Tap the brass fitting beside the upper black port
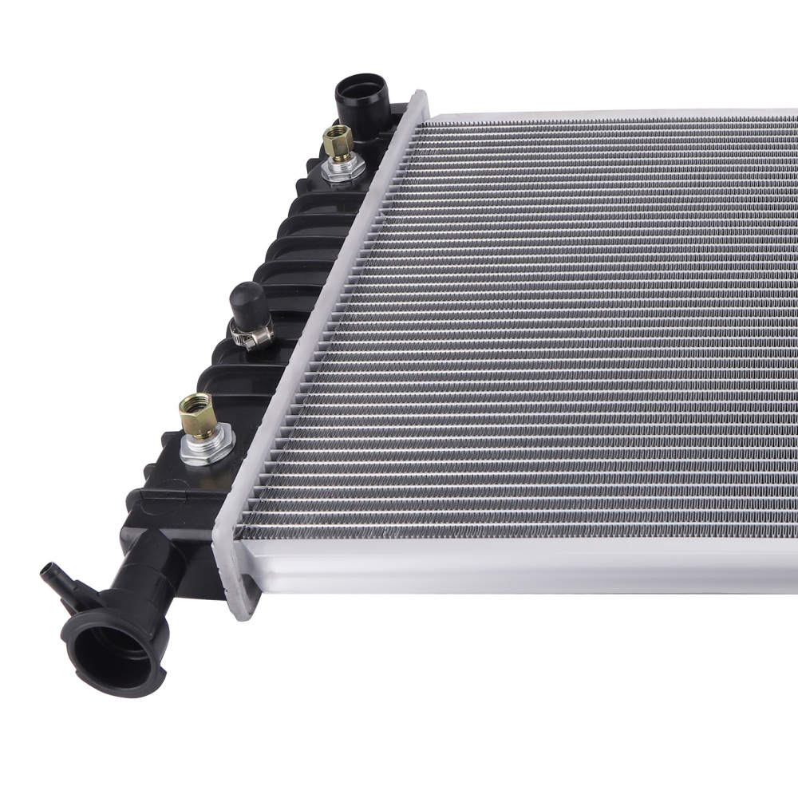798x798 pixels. coord(338,144)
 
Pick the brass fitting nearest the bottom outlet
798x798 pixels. coord(197,415)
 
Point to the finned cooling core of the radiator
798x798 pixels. coord(543,319)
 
